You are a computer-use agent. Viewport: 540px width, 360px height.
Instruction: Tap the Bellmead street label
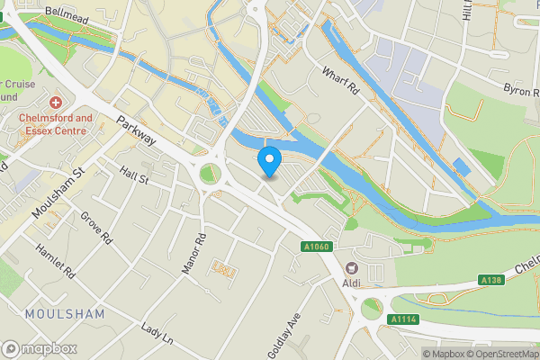coord(71,17)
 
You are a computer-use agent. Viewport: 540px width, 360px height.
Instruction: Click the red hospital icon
coord(56,104)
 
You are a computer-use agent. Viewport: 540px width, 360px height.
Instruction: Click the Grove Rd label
coord(94,229)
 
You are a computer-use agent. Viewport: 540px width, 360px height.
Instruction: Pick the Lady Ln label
coord(156,333)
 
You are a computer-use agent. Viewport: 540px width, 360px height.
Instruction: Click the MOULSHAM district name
coord(65,314)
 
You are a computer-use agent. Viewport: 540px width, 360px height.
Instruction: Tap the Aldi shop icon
coord(351,268)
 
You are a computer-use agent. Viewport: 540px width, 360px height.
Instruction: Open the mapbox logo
coord(40,348)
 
